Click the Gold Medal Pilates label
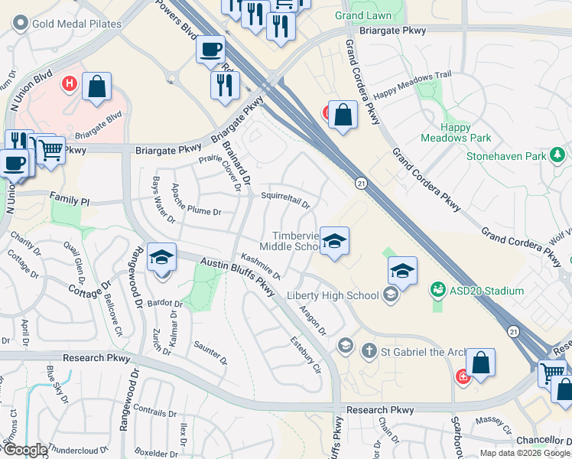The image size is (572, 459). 76,24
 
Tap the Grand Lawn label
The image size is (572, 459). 363,15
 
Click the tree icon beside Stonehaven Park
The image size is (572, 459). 558,156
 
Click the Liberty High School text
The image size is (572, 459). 333,295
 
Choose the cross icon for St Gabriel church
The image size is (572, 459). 369,351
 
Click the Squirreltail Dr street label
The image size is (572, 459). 285,200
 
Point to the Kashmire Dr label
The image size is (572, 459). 261,265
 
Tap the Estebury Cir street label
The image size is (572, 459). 306,352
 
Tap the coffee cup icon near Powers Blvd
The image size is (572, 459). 210,49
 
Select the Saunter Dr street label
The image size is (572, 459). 210,353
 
